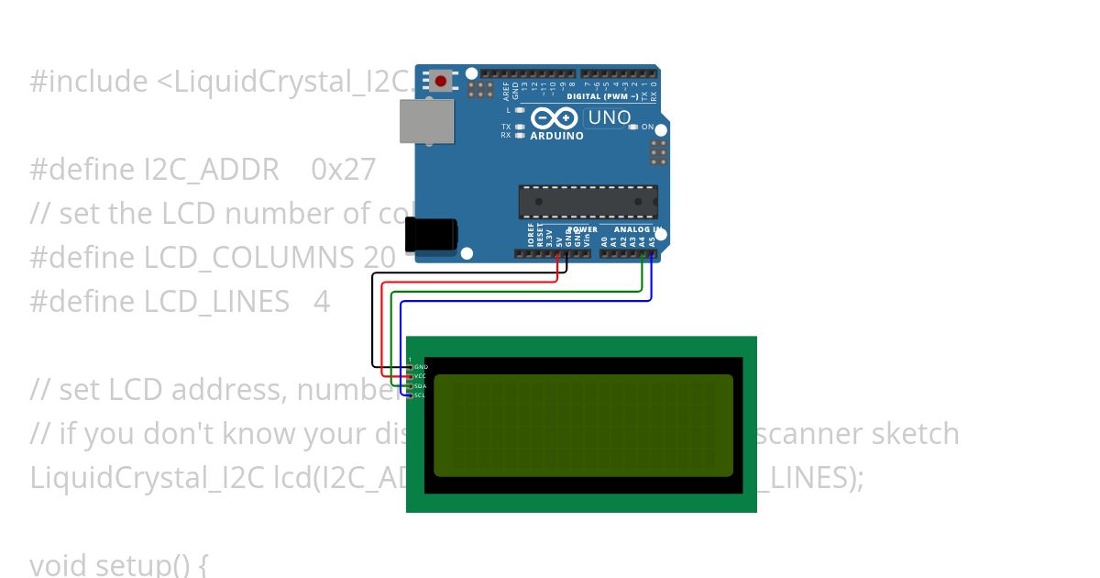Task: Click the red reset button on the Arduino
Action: [x=441, y=81]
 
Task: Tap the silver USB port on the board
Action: [x=426, y=121]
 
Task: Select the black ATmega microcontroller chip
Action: [x=588, y=202]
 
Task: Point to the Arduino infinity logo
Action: [x=554, y=118]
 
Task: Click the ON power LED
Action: [x=633, y=127]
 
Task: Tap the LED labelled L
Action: [x=521, y=110]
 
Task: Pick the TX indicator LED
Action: [x=521, y=127]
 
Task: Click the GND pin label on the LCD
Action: [x=421, y=367]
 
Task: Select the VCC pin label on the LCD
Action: [x=420, y=376]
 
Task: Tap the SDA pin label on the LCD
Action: [x=420, y=386]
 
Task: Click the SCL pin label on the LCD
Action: [x=420, y=395]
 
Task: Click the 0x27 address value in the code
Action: [x=344, y=170]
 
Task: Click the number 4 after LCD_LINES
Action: [x=321, y=302]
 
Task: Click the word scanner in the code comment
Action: [x=802, y=434]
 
